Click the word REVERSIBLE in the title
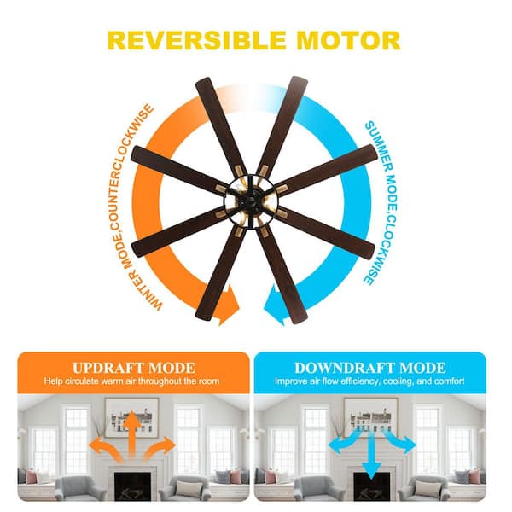click(x=197, y=40)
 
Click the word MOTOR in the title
click(x=348, y=40)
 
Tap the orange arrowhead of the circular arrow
click(x=230, y=305)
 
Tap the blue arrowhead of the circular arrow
click(x=275, y=305)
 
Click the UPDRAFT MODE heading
click(x=134, y=368)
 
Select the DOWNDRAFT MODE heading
click(x=370, y=368)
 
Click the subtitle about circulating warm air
click(x=132, y=381)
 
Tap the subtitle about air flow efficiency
click(x=369, y=381)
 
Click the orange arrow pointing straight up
click(x=131, y=434)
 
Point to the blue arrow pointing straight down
click(x=371, y=455)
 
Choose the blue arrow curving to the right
click(x=401, y=441)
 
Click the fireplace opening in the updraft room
click(x=132, y=486)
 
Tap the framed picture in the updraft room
click(x=131, y=417)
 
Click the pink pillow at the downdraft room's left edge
click(x=270, y=477)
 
